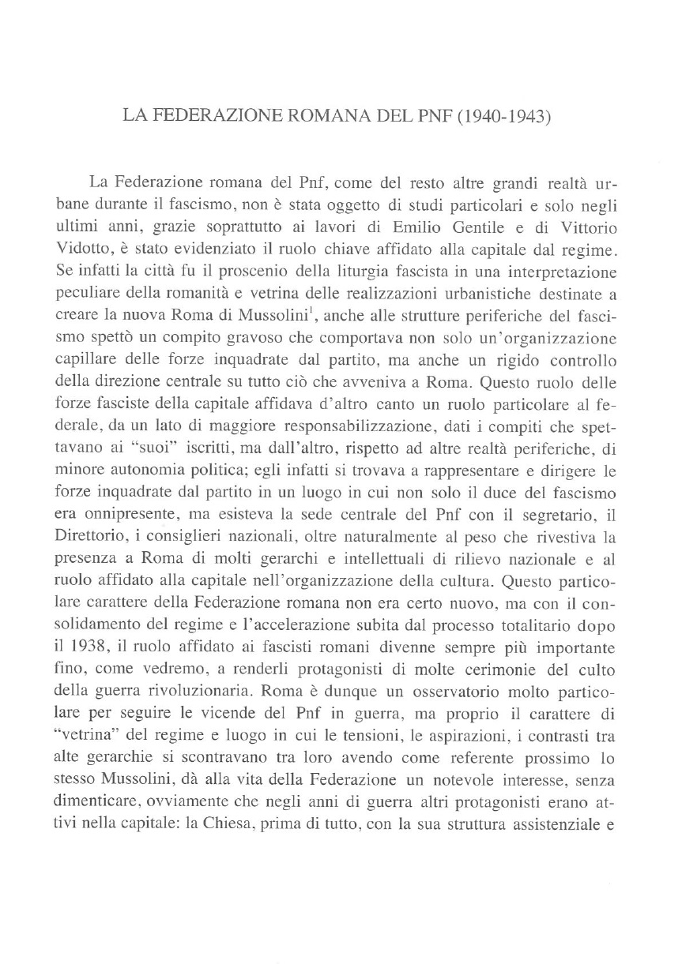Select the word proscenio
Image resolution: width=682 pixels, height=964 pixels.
(x=246, y=271)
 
